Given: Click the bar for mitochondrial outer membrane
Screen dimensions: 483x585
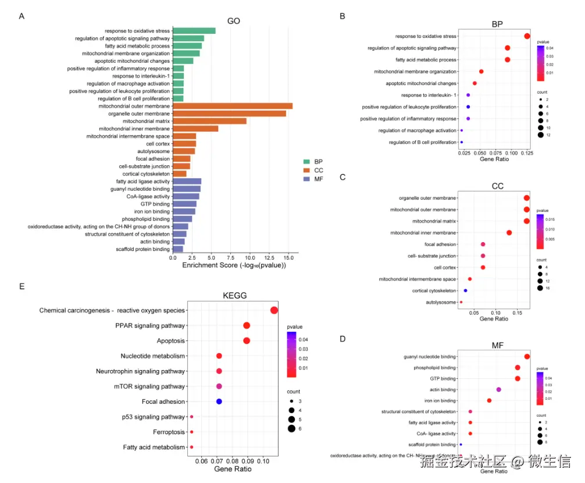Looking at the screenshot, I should (232, 106).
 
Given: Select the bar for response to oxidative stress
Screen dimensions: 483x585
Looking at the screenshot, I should (194, 31).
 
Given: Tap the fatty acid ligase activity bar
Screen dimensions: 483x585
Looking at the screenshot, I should (187, 182).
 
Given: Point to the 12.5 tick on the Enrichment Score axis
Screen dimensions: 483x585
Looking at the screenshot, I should (269, 258).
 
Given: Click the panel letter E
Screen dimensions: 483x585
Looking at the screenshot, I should (22, 286).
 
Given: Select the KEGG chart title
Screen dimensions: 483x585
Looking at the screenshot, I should (235, 296).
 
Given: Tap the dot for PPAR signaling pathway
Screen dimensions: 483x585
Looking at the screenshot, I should (247, 326).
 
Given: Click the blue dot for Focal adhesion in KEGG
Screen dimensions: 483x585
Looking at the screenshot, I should (219, 402).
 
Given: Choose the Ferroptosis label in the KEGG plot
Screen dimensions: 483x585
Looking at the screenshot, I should (169, 432).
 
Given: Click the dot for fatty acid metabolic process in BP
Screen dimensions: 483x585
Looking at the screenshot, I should (508, 60).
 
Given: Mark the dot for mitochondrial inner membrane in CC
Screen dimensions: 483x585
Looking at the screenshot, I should (509, 233).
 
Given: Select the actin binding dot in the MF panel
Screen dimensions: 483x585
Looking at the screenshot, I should (498, 389).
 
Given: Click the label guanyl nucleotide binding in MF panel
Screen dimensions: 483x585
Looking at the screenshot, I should (430, 357).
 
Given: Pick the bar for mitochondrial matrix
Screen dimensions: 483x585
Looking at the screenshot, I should (209, 121).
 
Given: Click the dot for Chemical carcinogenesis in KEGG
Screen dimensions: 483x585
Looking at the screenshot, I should (274, 310).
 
